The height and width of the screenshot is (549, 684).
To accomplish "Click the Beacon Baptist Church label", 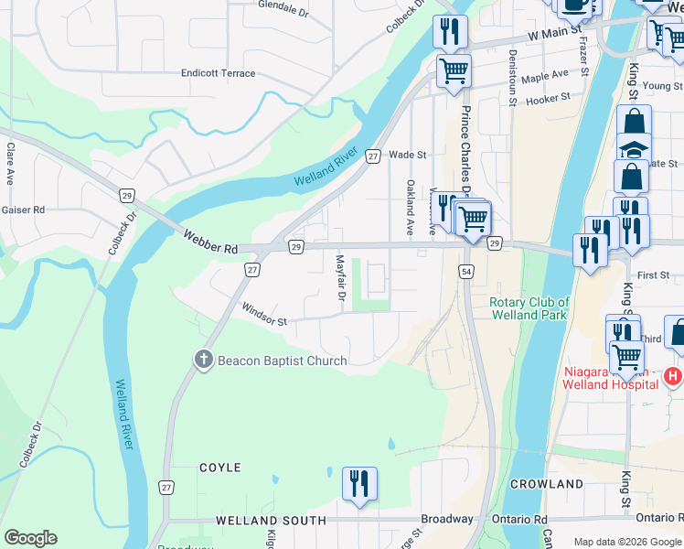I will click(282, 361).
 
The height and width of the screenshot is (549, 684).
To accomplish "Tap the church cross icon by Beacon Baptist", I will click(204, 360).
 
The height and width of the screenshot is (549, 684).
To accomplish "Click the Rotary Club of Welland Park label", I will click(529, 308).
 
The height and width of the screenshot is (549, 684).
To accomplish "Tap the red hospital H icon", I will click(673, 376).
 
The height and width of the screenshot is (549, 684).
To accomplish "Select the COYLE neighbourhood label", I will click(220, 468).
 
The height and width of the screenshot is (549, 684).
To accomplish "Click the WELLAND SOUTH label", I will click(271, 521).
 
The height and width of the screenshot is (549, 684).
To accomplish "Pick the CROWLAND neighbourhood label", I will click(547, 484).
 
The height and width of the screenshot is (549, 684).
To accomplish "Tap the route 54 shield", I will click(466, 272).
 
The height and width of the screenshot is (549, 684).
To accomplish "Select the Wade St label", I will click(408, 156).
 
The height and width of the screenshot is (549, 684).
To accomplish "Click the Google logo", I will click(30, 538).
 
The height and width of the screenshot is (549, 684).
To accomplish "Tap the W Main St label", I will click(556, 36).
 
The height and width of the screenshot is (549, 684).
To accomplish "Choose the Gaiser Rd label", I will click(24, 210).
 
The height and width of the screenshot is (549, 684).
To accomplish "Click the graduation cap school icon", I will click(633, 147).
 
